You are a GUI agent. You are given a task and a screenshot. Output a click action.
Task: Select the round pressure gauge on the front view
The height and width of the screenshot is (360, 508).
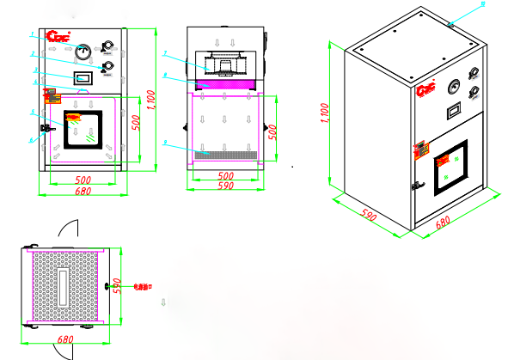[83, 51]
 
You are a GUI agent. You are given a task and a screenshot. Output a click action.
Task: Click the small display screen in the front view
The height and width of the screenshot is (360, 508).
[83, 78]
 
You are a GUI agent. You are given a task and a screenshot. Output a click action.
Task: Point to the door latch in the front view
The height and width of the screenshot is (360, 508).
[49, 130]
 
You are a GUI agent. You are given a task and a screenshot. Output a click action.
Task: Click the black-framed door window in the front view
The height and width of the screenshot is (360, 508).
[83, 126]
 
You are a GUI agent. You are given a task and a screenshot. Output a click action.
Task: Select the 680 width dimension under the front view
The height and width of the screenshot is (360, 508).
[83, 192]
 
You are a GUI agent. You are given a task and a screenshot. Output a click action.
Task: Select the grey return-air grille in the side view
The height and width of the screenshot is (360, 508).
[226, 154]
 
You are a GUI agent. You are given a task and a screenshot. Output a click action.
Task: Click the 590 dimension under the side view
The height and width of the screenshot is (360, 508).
[226, 185]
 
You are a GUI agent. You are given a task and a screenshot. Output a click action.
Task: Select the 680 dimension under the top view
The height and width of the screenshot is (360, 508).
[64, 340]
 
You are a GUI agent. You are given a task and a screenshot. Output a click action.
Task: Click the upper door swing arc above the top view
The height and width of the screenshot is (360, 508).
[69, 229]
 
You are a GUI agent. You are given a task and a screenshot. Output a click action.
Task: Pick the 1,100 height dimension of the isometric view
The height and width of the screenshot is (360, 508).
[325, 112]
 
